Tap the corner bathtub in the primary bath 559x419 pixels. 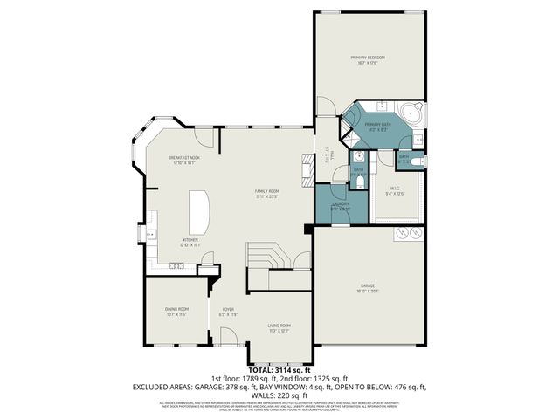click(411, 114)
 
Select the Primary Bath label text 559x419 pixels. click(377, 126)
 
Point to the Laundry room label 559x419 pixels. click(340, 206)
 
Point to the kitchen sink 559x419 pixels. click(152, 234)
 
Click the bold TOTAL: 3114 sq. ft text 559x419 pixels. click(279, 370)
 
